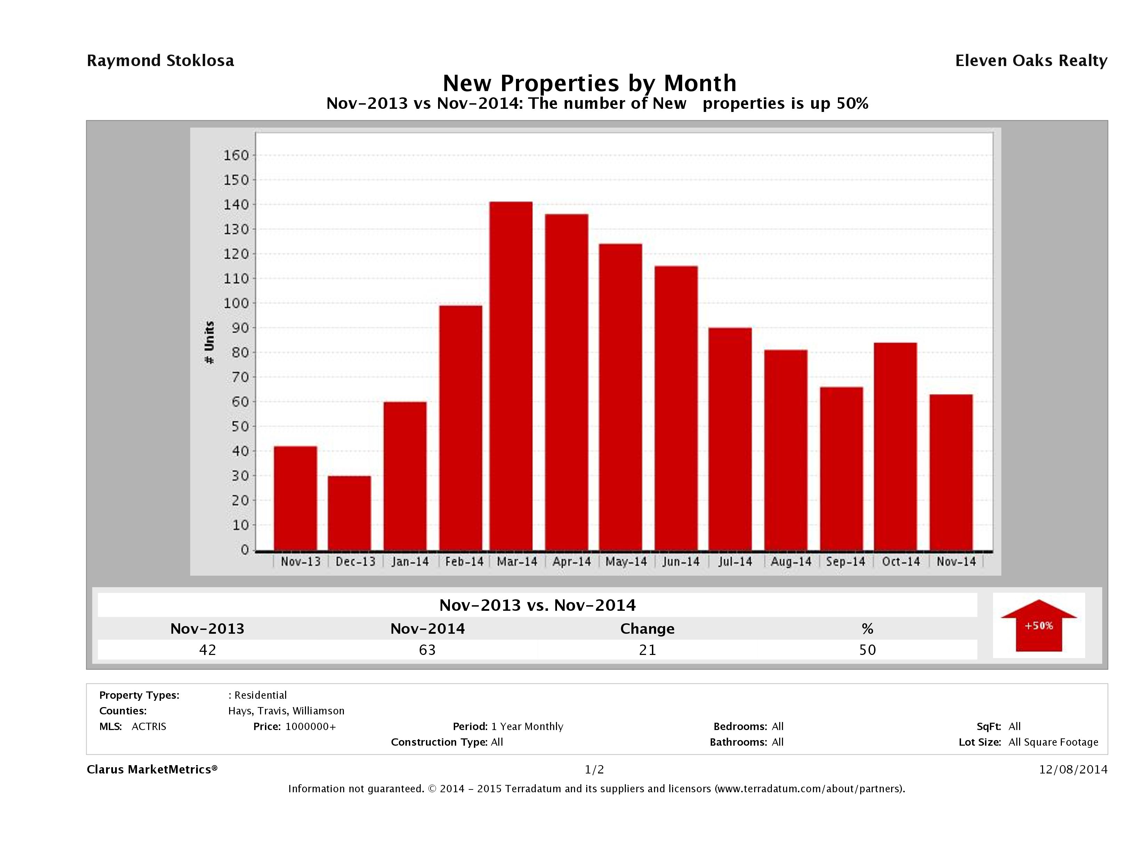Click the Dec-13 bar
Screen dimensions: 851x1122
pyautogui.click(x=349, y=512)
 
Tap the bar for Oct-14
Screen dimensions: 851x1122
pyautogui.click(x=895, y=446)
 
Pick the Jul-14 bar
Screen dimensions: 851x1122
pyautogui.click(x=730, y=439)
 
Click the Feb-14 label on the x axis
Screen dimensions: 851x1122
pyautogui.click(x=464, y=562)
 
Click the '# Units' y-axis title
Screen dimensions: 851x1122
pyautogui.click(x=209, y=343)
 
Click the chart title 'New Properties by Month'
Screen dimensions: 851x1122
pyautogui.click(x=589, y=83)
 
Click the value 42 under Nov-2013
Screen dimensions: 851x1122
pyautogui.click(x=208, y=650)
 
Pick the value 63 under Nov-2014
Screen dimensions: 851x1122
pyautogui.click(x=427, y=650)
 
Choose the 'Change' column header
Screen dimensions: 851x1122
pyautogui.click(x=647, y=629)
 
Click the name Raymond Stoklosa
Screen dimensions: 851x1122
pyautogui.click(x=160, y=61)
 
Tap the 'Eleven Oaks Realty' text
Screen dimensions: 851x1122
pyautogui.click(x=1031, y=61)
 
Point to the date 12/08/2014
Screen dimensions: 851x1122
pyautogui.click(x=1073, y=769)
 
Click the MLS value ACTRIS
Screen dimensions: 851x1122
pyautogui.click(x=148, y=726)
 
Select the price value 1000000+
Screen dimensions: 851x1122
pyautogui.click(x=310, y=726)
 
